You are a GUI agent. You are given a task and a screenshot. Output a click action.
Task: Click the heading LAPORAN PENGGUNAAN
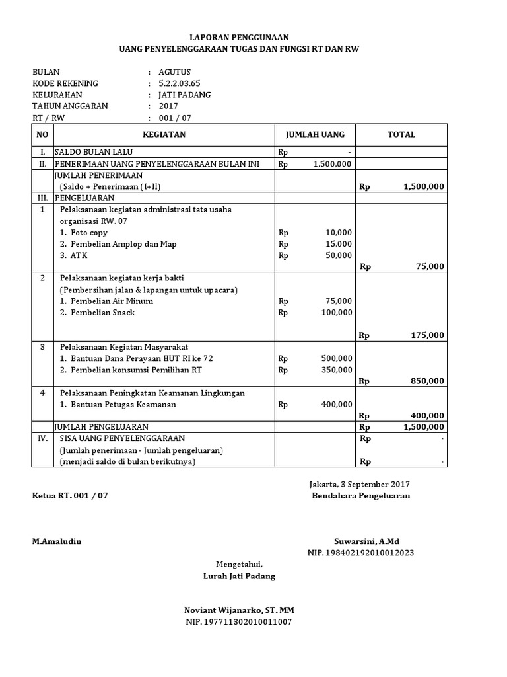tap(240, 38)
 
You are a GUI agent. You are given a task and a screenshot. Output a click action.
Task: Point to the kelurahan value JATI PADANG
tap(185, 95)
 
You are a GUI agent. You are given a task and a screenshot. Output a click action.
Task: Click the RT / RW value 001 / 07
tap(176, 118)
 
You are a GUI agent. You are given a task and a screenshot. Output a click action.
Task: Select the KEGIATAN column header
tap(164, 134)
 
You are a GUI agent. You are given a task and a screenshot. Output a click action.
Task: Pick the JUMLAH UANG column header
tap(315, 134)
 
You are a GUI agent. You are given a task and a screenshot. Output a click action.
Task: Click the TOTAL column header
tap(401, 134)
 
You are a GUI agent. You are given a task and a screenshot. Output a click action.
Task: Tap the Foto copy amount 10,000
tap(339, 233)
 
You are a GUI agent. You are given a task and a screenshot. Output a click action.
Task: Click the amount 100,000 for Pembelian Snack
tap(336, 312)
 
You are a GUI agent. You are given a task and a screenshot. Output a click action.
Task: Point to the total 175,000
tap(427, 335)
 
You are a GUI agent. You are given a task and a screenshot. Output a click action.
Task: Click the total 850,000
tap(427, 381)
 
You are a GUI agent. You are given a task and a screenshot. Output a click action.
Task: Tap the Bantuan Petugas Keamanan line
tap(118, 404)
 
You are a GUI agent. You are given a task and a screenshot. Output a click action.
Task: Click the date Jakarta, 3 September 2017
tap(359, 484)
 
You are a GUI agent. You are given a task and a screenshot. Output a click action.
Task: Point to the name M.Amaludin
tap(57, 541)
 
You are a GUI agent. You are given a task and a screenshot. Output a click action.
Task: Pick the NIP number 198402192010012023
tap(361, 553)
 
